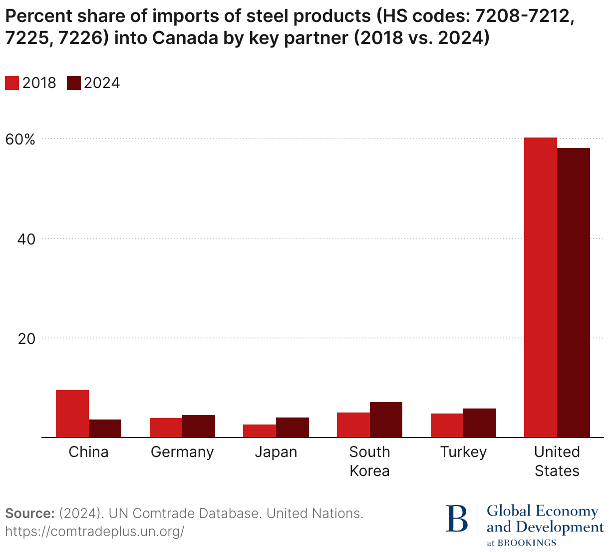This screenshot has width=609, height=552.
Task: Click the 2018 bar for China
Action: [x=72, y=413]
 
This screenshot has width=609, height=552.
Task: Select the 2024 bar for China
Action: [x=105, y=428]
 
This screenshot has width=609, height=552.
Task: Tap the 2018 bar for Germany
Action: [x=166, y=427]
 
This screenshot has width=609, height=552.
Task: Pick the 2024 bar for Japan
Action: [x=293, y=427]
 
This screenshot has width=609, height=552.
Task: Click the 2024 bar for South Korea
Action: [x=386, y=419]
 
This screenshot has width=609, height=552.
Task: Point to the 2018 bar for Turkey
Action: [x=447, y=425]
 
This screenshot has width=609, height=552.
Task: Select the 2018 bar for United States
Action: [x=541, y=287]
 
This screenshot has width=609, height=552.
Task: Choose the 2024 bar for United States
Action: [x=574, y=292]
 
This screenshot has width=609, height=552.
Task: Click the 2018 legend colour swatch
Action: [x=12, y=83]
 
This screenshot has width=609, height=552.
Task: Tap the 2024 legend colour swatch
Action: [x=73, y=83]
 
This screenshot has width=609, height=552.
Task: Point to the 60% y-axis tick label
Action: [x=20, y=139]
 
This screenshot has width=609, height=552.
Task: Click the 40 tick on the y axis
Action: [x=26, y=239]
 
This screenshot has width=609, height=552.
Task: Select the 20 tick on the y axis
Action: [x=26, y=338]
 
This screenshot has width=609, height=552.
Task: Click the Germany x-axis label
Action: [x=182, y=452]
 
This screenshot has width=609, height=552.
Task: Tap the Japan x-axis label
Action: [x=276, y=452]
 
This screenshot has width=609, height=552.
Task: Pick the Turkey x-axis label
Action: [x=463, y=452]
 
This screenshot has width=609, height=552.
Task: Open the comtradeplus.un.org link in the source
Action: [x=95, y=531]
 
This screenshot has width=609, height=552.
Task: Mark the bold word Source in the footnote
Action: [x=29, y=513]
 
